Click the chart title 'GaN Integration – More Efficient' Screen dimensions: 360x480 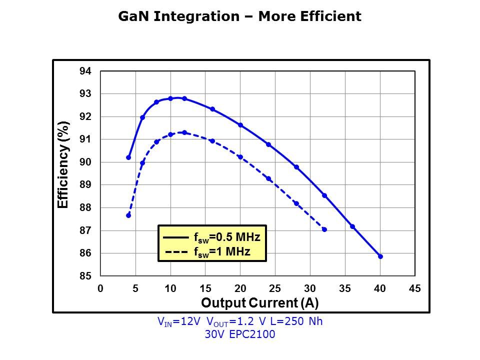coord(239,16)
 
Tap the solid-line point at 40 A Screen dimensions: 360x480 coord(380,256)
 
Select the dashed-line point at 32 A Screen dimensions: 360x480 coord(324,229)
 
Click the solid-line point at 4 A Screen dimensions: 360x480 coord(128,157)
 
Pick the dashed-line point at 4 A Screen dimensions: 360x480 coord(128,215)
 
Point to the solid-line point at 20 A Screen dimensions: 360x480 coord(240,125)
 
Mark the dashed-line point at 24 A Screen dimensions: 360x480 coord(268,179)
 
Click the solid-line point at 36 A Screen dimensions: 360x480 coord(352,226)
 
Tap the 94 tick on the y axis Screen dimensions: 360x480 coord(85,71)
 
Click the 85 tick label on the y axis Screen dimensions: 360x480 coord(85,276)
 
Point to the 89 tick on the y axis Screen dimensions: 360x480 coord(85,185)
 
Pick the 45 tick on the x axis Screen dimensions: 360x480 coord(414,288)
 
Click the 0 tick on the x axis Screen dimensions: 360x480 coord(100,288)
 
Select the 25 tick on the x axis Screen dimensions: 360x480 coord(274,288)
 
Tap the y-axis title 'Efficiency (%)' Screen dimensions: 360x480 coord(63,165)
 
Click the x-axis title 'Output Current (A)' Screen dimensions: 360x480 coord(259,303)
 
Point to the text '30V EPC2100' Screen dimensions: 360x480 coord(240,334)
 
